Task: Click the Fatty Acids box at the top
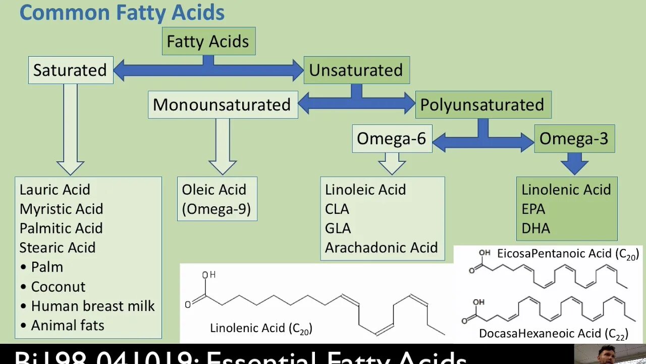(x=208, y=41)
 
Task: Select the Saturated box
(x=70, y=70)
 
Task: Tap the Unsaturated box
(x=356, y=70)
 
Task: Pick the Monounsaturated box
(x=222, y=105)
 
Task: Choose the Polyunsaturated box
(x=482, y=105)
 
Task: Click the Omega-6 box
(x=392, y=139)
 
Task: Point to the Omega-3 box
(x=574, y=139)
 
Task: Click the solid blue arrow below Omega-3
(x=574, y=164)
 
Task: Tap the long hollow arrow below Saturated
(x=71, y=129)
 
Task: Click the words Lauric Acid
(x=55, y=190)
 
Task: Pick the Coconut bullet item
(x=58, y=287)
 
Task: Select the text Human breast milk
(x=93, y=306)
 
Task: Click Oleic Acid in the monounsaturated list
(x=214, y=190)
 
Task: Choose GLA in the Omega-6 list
(x=338, y=228)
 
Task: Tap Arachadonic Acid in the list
(x=381, y=247)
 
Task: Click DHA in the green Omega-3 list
(x=535, y=228)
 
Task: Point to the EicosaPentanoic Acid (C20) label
(x=568, y=254)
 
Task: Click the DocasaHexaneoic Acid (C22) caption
(x=553, y=334)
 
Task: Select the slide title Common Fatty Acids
(x=122, y=13)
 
